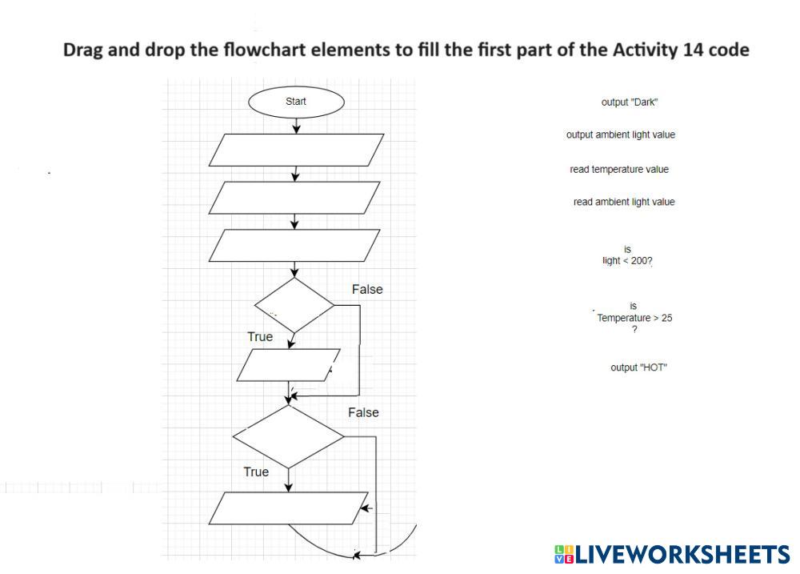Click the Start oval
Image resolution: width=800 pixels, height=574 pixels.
(x=296, y=102)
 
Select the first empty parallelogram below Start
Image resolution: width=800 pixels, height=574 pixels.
(x=296, y=150)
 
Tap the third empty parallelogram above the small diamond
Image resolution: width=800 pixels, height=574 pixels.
(x=294, y=245)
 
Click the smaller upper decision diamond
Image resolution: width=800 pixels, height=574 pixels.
(x=294, y=305)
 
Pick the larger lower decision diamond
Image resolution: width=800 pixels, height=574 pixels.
(x=288, y=436)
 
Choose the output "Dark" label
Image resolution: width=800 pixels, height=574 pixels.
(x=630, y=102)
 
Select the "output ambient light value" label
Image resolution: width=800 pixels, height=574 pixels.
(x=621, y=134)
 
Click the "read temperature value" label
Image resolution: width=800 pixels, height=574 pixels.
(x=619, y=170)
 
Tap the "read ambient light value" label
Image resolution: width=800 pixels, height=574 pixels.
(x=624, y=202)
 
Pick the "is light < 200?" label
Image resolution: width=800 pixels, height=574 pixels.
(x=627, y=255)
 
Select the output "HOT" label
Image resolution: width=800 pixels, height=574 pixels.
(x=638, y=367)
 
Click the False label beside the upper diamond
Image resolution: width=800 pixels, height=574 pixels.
(x=367, y=289)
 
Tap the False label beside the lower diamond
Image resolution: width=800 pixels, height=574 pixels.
(x=363, y=412)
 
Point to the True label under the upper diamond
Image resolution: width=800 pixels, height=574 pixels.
(x=260, y=337)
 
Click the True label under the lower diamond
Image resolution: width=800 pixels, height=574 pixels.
(x=256, y=472)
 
